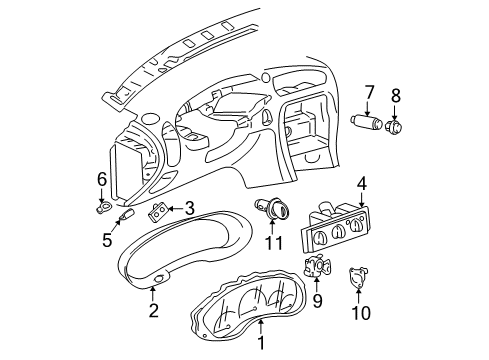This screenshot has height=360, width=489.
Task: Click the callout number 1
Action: (262, 345)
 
